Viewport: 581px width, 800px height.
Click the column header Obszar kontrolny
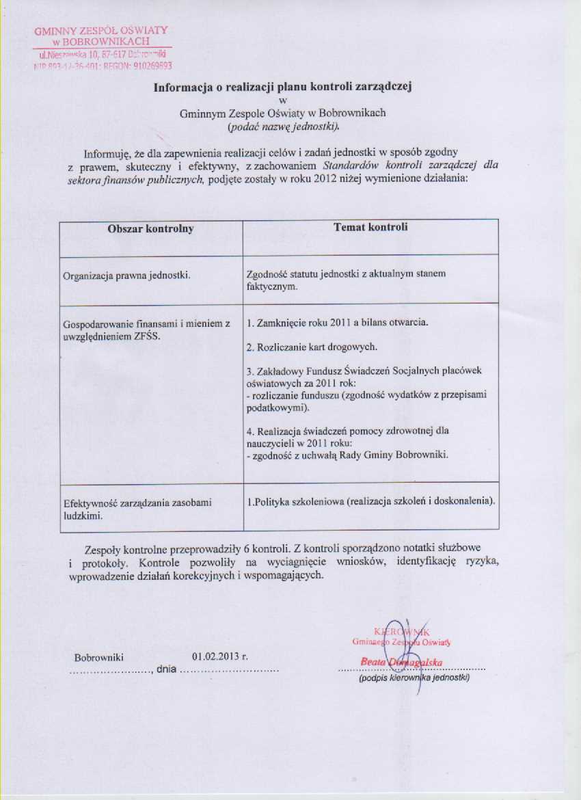(x=150, y=229)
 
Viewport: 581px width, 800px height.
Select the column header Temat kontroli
(x=370, y=228)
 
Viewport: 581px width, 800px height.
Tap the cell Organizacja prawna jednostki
(x=126, y=276)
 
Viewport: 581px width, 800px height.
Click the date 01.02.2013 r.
(x=219, y=656)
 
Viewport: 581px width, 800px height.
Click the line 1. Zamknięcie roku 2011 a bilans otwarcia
(x=337, y=322)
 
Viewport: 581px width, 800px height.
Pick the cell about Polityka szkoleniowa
(x=370, y=501)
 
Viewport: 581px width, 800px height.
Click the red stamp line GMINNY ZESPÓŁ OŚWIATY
(x=100, y=31)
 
